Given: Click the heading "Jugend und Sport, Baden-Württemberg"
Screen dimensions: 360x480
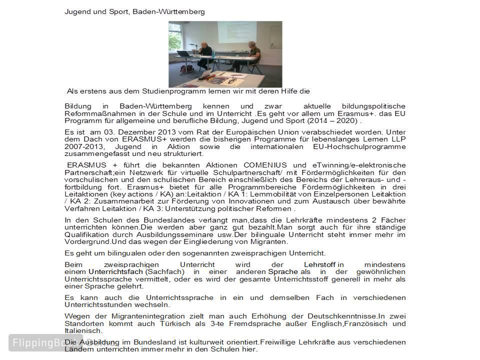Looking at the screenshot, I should click(x=134, y=11).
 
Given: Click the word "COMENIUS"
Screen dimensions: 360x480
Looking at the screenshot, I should click(x=265, y=165).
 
